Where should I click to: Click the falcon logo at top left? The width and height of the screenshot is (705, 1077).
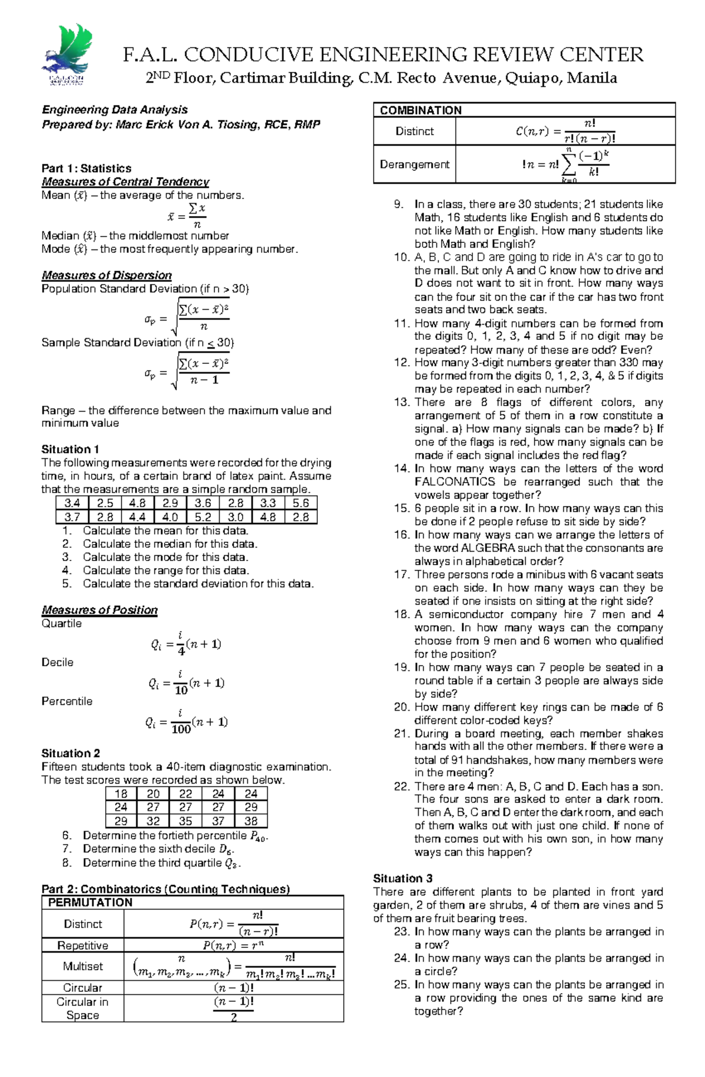[66, 56]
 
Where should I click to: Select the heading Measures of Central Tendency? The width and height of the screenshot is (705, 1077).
[125, 182]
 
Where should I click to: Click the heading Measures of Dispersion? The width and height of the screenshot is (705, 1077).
[106, 275]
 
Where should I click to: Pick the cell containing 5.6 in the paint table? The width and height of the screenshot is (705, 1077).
[301, 503]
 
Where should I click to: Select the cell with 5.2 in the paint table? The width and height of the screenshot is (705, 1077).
[203, 517]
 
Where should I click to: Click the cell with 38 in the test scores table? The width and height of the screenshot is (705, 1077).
[251, 822]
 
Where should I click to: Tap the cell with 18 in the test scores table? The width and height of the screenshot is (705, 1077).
[121, 794]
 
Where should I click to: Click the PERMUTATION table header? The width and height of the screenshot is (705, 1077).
[90, 903]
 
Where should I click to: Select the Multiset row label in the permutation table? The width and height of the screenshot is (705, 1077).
[83, 966]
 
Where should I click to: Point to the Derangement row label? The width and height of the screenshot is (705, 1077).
[414, 164]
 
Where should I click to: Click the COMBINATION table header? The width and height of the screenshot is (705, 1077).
[421, 110]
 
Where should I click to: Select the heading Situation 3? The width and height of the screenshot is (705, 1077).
[402, 879]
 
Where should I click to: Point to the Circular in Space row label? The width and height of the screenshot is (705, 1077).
[83, 1008]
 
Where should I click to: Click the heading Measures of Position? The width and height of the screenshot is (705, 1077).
[99, 610]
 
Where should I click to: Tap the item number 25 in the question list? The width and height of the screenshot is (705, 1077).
[401, 985]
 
